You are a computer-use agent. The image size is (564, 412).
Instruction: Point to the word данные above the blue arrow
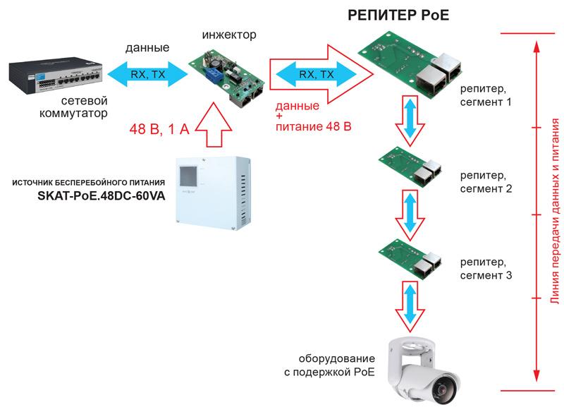tap(147, 49)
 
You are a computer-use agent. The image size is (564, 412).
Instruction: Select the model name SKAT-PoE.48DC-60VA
tap(98, 198)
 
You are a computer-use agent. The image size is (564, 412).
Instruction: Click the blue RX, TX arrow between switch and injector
tap(147, 73)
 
